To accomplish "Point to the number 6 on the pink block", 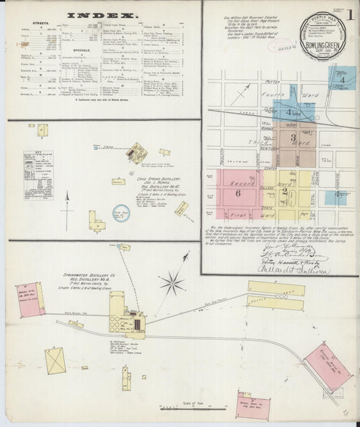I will pos(238,193).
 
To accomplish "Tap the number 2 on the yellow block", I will pos(285,191).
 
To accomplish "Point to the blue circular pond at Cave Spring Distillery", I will pos(121,214).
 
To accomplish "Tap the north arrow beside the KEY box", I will pos(68,200).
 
